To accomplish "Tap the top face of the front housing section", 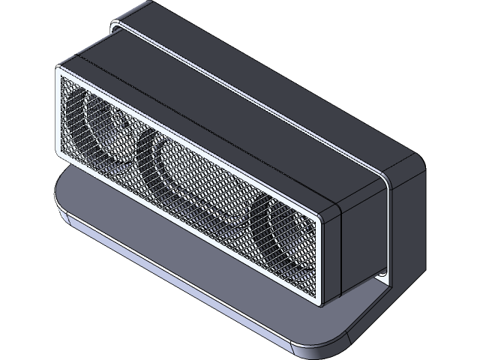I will click(210, 112).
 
